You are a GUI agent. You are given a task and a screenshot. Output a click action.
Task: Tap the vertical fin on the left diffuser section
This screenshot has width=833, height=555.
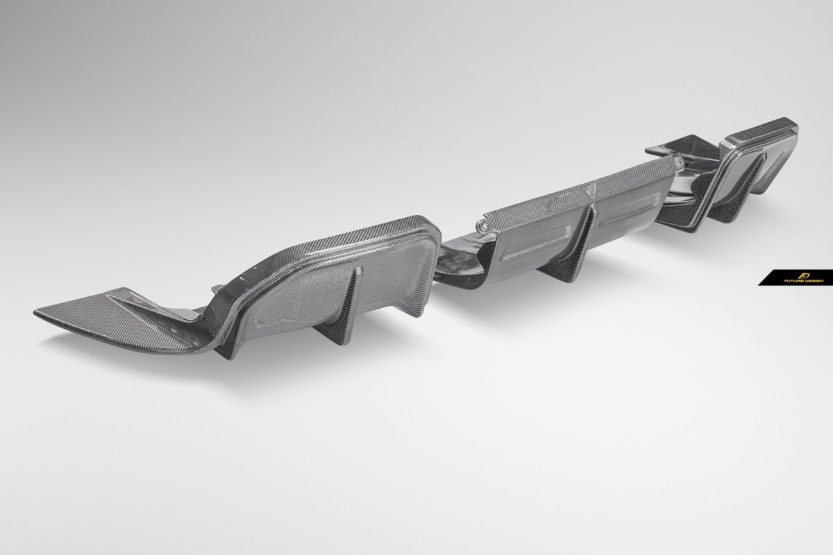[344, 309]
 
